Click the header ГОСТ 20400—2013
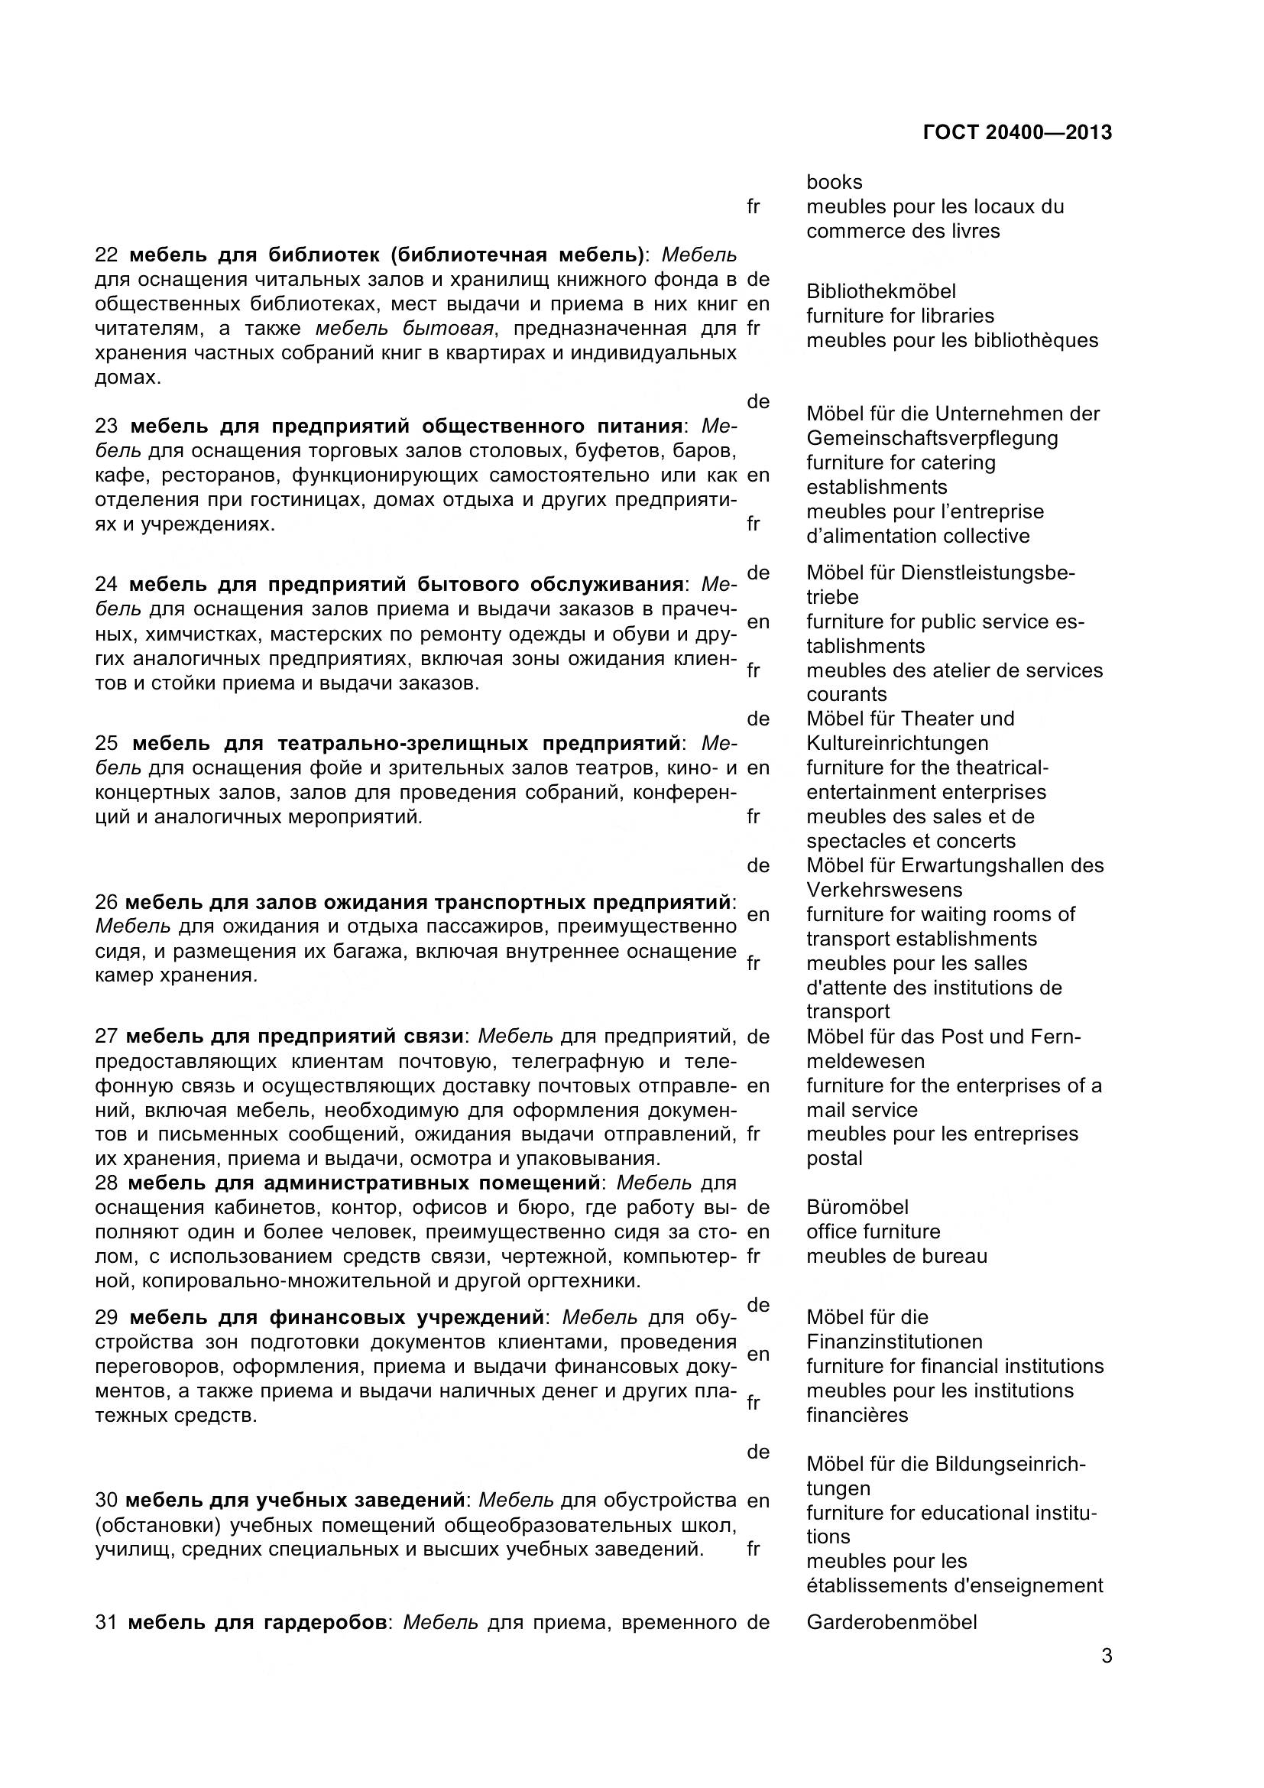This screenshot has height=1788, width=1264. [x=1016, y=132]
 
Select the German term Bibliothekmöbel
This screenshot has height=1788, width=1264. [x=880, y=291]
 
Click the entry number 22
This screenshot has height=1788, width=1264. [x=106, y=255]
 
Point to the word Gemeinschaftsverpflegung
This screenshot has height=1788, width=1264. [x=932, y=438]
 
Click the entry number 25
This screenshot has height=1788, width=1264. [x=107, y=743]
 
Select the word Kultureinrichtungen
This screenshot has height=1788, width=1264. [x=896, y=743]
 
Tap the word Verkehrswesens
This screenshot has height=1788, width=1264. [x=884, y=889]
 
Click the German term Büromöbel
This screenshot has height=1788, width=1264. [x=857, y=1207]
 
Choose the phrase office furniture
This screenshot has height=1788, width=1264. [x=873, y=1231]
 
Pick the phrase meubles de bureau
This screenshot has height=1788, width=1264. [x=896, y=1256]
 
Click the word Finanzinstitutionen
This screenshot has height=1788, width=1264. [x=894, y=1342]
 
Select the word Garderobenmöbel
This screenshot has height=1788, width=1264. [x=891, y=1623]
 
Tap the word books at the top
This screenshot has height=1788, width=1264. [x=835, y=182]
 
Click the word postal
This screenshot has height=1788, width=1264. [x=835, y=1158]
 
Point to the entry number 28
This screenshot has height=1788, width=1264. [x=106, y=1183]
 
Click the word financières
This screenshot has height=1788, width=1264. [x=857, y=1415]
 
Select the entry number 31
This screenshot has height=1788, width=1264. [x=106, y=1623]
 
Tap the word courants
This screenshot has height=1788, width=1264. [x=846, y=694]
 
